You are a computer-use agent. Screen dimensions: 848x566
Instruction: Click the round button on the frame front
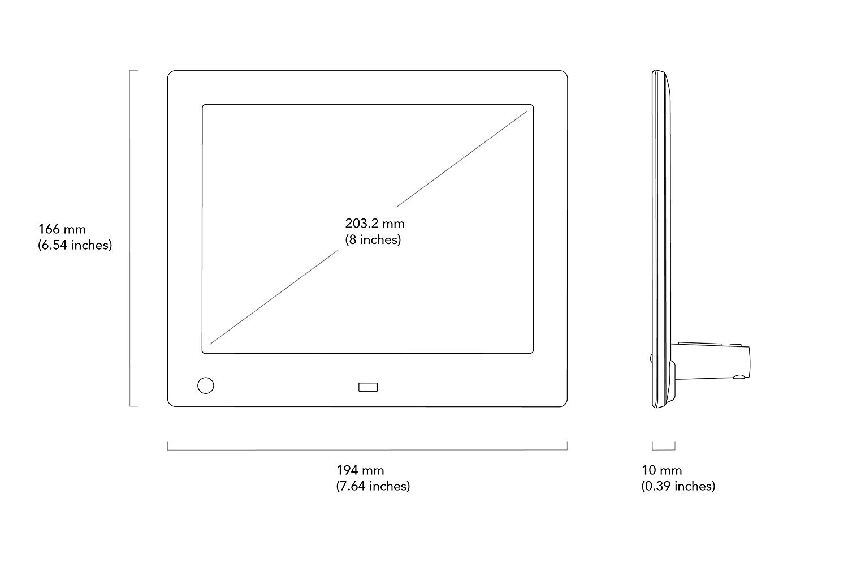[206, 385]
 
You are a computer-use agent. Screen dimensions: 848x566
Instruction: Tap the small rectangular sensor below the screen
[368, 387]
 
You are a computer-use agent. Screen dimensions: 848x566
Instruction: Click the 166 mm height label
[62, 229]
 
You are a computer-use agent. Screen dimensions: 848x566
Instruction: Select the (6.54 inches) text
[75, 245]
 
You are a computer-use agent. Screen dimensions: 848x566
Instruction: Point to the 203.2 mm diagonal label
[375, 224]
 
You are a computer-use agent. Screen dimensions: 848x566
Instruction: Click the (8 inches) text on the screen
[373, 239]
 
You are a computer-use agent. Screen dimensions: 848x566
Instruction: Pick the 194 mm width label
[361, 470]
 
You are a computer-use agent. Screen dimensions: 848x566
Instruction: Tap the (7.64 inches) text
[373, 486]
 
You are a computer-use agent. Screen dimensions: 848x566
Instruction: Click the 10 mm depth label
[662, 470]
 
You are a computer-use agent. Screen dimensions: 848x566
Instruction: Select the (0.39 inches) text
[678, 486]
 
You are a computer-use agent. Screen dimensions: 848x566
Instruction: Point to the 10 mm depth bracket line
[664, 449]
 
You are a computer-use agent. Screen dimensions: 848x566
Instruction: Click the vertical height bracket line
[130, 238]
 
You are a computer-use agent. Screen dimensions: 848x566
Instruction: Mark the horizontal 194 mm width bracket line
[367, 449]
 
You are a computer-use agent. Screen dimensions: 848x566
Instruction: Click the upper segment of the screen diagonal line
[461, 159]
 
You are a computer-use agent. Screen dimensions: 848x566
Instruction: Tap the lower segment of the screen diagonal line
[273, 297]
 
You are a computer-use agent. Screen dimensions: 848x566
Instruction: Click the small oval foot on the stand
[738, 377]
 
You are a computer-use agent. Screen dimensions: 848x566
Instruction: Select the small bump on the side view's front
[651, 358]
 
